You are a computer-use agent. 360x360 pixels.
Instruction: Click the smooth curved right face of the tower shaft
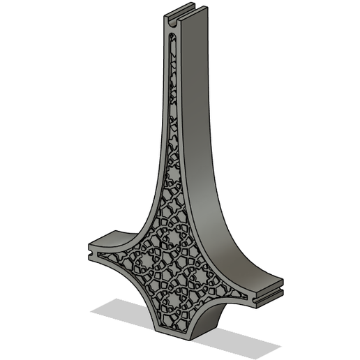(x=209, y=174)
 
